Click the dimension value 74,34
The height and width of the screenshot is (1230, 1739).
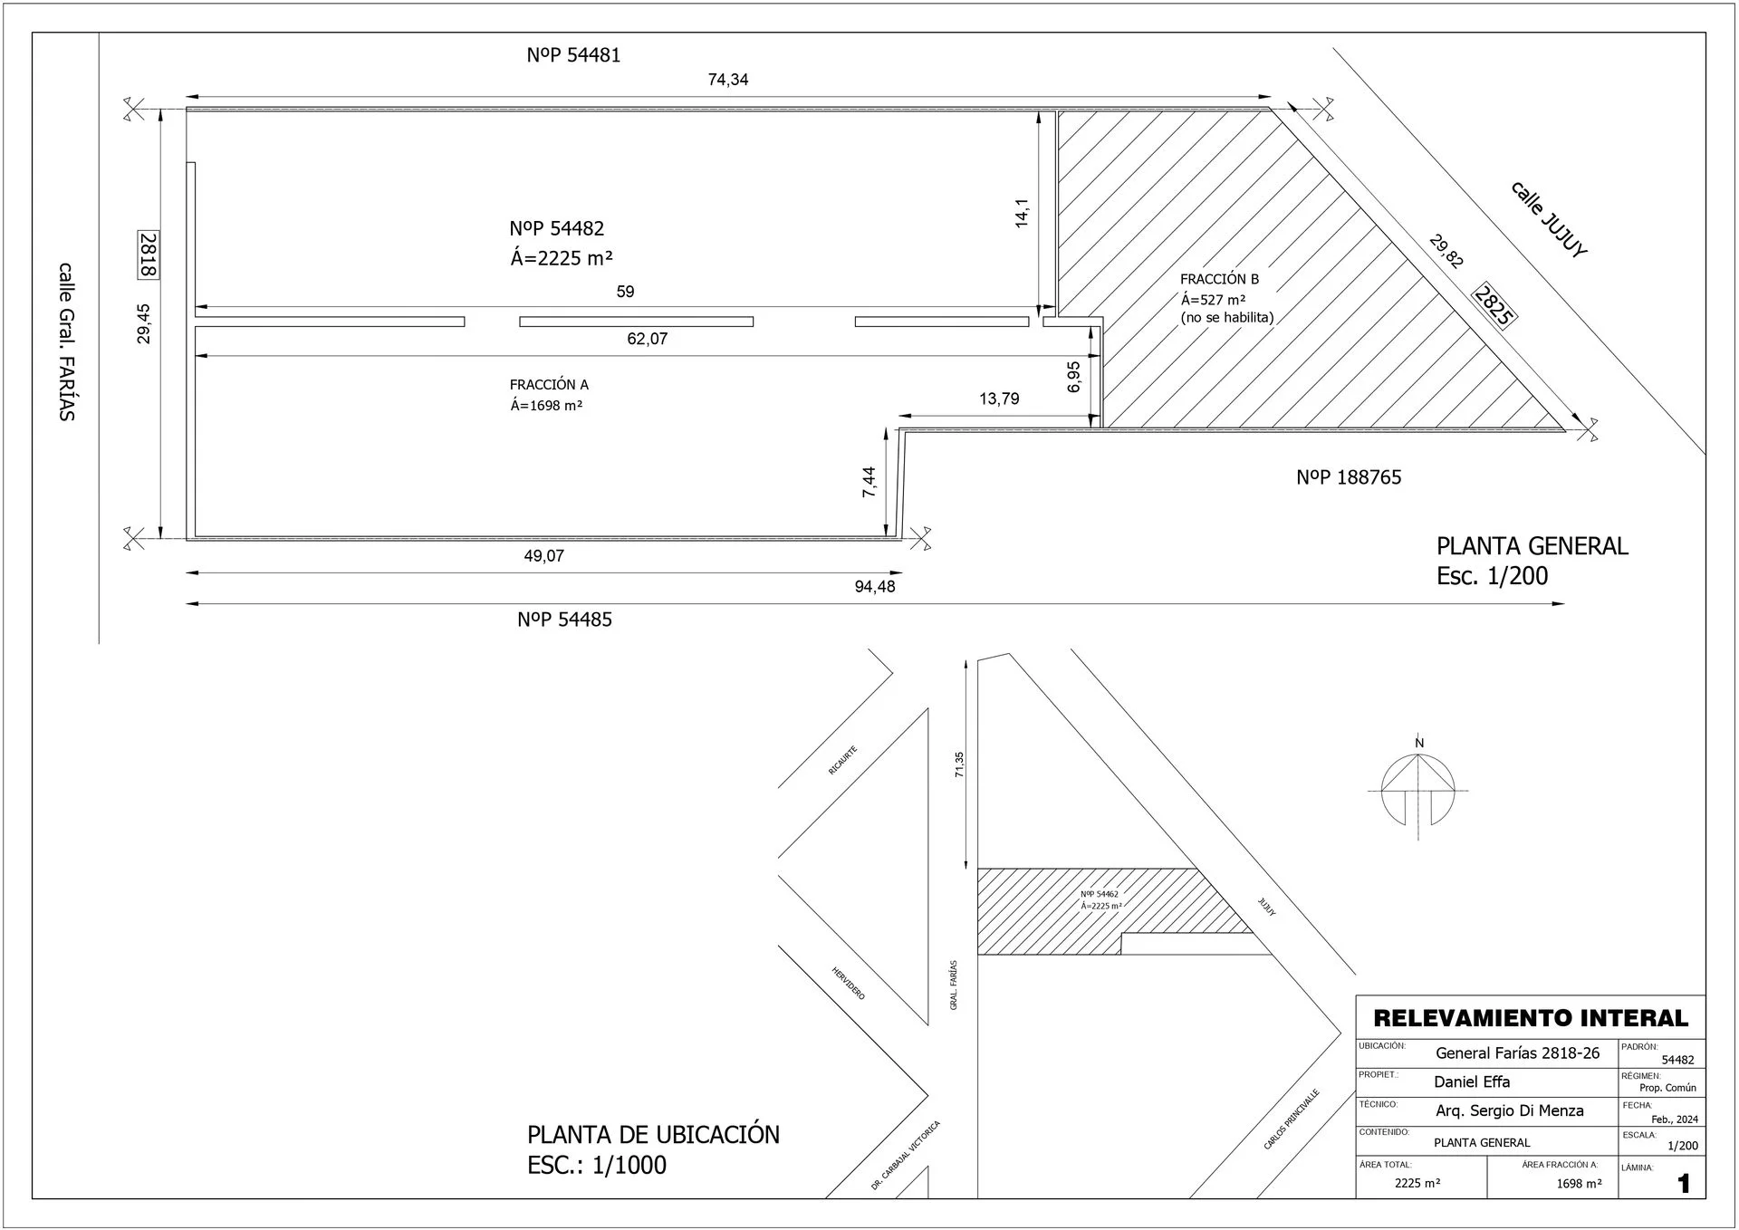tap(728, 80)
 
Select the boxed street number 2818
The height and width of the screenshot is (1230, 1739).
tap(149, 255)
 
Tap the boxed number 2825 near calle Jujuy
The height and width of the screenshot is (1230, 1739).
tap(1494, 306)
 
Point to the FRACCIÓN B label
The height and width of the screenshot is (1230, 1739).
tap(1219, 279)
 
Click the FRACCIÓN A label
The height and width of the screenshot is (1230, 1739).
tap(549, 385)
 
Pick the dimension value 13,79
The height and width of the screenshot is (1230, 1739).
tap(999, 399)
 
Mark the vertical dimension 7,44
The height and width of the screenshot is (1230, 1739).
tap(869, 482)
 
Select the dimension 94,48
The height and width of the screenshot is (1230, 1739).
tap(875, 587)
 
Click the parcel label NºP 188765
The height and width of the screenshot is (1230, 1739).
tap(1349, 477)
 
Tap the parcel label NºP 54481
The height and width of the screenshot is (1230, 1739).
tap(573, 55)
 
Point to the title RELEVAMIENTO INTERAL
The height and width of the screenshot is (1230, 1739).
tap(1531, 1018)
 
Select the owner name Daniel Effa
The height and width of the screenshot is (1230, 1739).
tap(1472, 1081)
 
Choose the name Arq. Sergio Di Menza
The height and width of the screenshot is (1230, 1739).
tap(1510, 1110)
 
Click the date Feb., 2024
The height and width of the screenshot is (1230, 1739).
tap(1675, 1119)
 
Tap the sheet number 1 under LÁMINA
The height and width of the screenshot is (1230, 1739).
tap(1684, 1184)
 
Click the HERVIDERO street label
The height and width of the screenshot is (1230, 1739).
tap(849, 984)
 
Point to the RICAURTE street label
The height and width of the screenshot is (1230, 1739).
tap(842, 760)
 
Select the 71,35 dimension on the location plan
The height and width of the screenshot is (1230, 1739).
tap(960, 764)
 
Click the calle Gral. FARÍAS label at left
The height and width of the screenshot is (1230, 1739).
tap(66, 341)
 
